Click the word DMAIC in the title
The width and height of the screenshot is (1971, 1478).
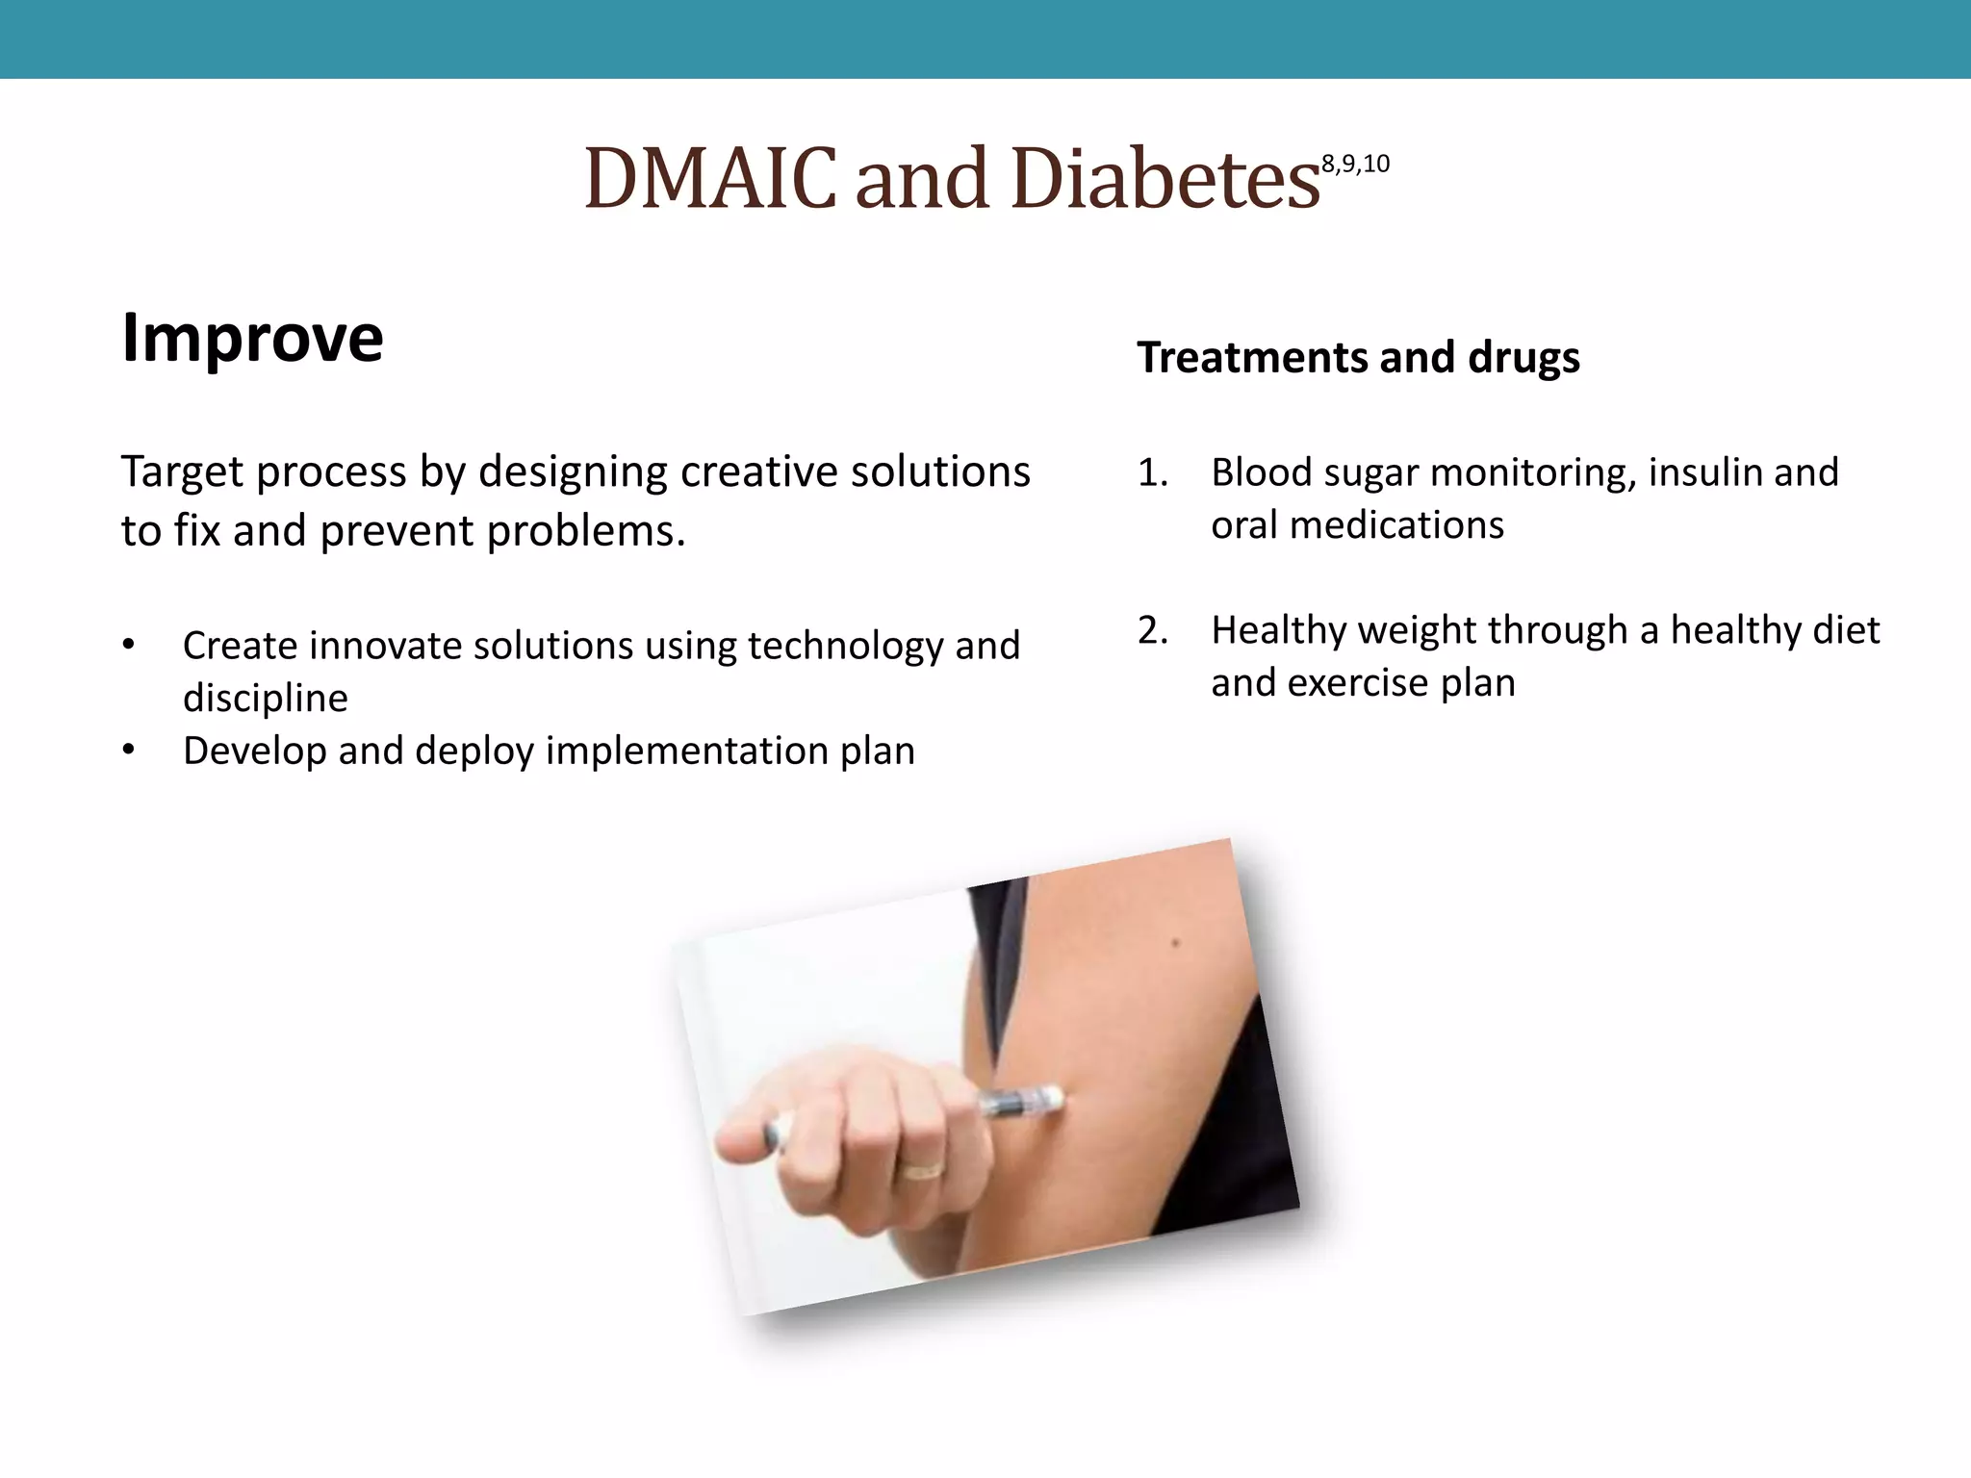click(710, 179)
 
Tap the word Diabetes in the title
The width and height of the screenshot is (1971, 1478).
click(1165, 179)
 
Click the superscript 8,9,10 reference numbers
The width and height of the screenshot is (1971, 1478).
click(1355, 165)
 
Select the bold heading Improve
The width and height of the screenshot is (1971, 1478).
click(252, 338)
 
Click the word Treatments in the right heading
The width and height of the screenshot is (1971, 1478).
click(1247, 357)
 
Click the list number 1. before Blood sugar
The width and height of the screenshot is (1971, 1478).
click(1152, 472)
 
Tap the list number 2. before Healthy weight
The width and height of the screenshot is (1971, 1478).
click(1152, 630)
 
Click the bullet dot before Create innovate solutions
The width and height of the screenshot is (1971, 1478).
click(129, 646)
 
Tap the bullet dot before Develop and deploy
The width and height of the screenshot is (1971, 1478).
click(129, 751)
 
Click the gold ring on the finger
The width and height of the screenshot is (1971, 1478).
click(921, 1170)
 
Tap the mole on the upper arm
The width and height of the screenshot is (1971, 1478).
click(1175, 943)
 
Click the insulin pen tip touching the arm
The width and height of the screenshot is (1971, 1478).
click(1054, 1096)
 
